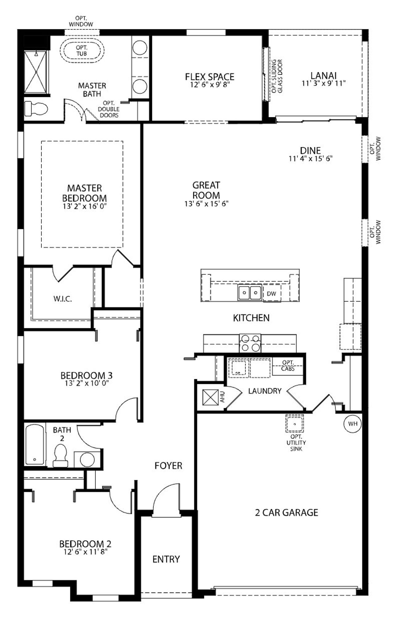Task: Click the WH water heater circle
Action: [353, 424]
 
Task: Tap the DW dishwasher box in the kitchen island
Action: [272, 294]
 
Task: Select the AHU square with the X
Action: [210, 397]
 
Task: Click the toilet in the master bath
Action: [36, 109]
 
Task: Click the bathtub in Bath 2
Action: [35, 445]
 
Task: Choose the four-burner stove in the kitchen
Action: [250, 343]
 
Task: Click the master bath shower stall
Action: [36, 72]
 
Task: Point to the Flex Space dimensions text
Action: [210, 84]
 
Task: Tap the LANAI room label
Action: [323, 75]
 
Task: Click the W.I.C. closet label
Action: [63, 299]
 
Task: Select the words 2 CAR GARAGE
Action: [287, 512]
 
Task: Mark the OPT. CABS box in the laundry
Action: [288, 366]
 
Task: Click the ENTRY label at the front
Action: [166, 559]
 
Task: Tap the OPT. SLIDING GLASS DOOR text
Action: [277, 76]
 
